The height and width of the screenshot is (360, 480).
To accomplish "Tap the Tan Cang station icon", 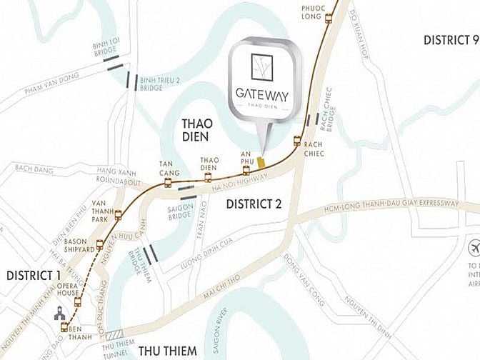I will click(168, 184).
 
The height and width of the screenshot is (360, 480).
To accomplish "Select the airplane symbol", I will click(472, 248).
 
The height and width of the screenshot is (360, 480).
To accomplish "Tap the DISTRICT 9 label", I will click(450, 40).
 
